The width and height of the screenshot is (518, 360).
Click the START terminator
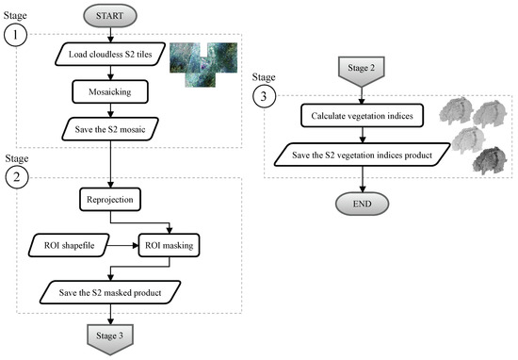111,17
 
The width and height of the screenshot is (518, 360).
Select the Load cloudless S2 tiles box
111,54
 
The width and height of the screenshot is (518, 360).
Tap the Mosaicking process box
111,91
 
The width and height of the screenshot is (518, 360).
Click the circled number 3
265,96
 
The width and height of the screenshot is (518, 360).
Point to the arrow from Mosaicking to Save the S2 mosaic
111,110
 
